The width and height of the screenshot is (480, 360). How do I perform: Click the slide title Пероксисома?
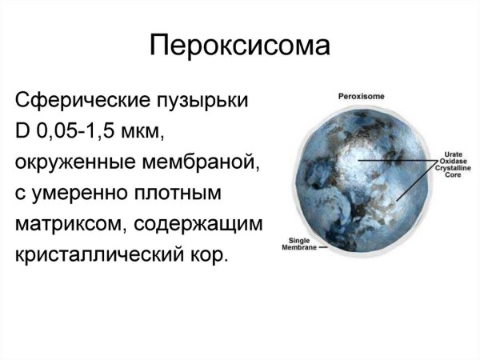pos(239,45)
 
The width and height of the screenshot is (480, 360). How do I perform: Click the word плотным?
pos(184,195)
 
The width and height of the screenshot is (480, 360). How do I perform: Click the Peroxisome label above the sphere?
pos(362,95)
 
